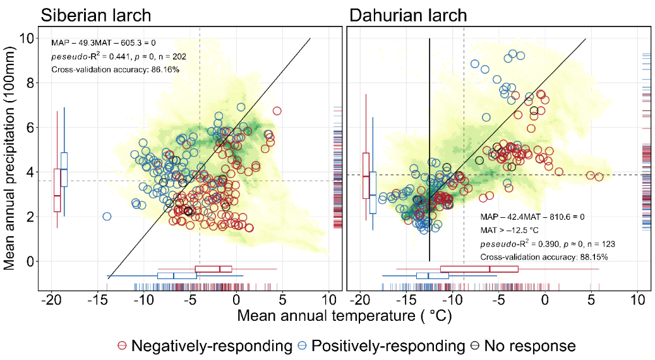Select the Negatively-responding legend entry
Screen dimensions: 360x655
205,345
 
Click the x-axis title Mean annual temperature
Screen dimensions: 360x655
344,316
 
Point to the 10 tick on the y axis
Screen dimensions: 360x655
27,39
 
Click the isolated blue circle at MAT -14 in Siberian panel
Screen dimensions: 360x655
107,217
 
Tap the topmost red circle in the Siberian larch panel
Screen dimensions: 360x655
277,111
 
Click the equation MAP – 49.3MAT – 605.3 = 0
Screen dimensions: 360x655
104,43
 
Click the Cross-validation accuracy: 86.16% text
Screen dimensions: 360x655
116,69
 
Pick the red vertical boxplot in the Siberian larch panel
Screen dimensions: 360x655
57,190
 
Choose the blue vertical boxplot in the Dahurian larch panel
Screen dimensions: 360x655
373,193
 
